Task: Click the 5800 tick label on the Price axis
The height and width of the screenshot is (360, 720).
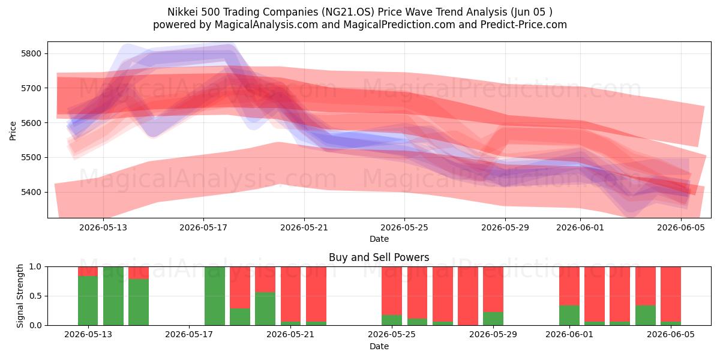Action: click(31, 53)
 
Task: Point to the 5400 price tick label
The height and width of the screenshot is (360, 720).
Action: click(31, 192)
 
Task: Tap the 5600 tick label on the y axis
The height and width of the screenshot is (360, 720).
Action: click(31, 123)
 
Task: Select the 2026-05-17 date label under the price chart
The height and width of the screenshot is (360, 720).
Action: click(203, 227)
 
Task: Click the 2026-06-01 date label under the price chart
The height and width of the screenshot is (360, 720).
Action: click(580, 227)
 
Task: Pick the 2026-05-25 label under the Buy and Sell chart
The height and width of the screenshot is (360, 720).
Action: click(392, 334)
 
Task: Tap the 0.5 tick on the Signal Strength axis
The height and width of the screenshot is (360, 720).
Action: click(35, 296)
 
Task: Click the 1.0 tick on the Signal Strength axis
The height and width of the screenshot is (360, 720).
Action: click(35, 266)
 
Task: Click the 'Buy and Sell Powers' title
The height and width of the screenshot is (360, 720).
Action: click(379, 257)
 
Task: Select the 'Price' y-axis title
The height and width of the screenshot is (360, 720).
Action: click(13, 131)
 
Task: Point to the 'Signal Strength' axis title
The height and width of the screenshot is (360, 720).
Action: click(20, 296)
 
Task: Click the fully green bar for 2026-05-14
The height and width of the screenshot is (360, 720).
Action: click(113, 296)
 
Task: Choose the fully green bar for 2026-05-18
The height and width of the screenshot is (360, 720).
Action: click(215, 296)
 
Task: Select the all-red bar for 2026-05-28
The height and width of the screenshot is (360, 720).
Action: click(468, 296)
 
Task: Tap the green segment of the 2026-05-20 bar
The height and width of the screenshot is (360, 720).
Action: click(265, 308)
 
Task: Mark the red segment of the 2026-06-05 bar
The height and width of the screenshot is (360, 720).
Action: click(671, 294)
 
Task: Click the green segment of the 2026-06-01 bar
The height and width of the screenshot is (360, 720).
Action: click(569, 315)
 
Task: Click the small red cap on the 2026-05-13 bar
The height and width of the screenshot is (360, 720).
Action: click(88, 271)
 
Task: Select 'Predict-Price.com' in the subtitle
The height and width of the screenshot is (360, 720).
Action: click(524, 25)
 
